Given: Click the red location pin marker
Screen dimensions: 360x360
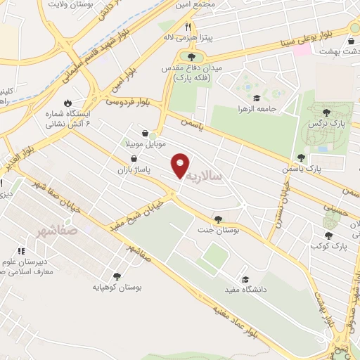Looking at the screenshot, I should (181, 165).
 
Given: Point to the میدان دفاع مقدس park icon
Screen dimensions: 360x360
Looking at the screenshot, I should (191, 56).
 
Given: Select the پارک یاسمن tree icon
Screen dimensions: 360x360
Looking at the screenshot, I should (301, 158).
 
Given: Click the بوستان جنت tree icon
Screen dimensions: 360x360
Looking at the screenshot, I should (219, 219).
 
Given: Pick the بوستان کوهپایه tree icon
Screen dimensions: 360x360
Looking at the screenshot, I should (116, 277).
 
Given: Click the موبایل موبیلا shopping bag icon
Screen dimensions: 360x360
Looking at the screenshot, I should (144, 132).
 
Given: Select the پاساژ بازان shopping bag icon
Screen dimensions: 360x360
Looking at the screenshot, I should (133, 159).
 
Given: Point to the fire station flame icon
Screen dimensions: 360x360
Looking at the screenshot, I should (67, 102).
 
